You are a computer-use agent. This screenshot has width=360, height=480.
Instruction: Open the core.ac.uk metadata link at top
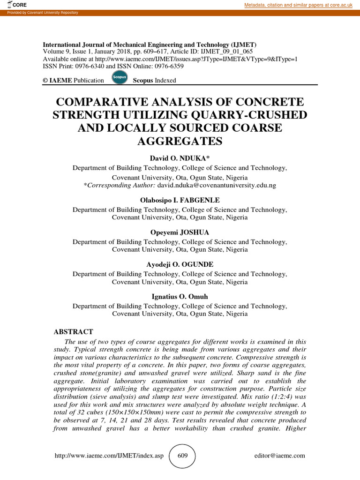300,5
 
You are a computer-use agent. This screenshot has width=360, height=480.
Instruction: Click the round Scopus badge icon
120,78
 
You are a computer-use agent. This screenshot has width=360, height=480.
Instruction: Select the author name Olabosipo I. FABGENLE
180,200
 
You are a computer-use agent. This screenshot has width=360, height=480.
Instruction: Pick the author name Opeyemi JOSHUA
180,232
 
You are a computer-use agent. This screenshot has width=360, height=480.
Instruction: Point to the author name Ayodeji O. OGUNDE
180,264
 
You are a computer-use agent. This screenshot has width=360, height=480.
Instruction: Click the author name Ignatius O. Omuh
180,297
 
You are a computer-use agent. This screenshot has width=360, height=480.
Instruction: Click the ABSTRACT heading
73,331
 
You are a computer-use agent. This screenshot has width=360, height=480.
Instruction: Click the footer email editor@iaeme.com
280,456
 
